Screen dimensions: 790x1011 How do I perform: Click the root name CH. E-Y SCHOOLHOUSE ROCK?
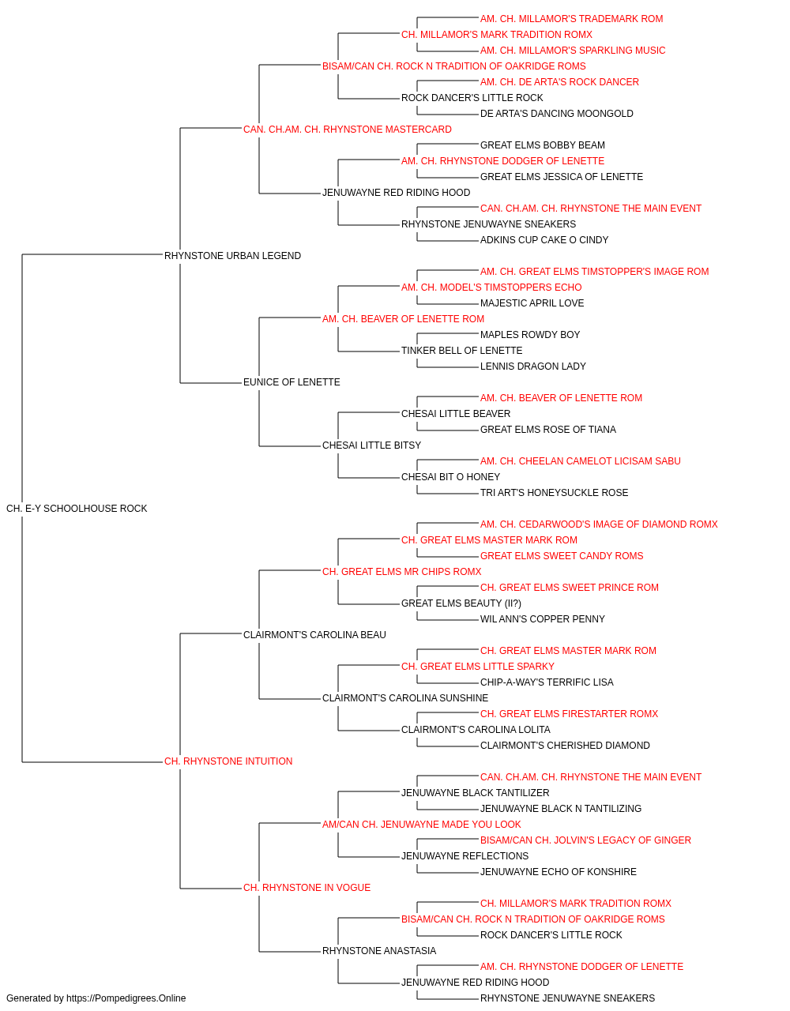point(77,509)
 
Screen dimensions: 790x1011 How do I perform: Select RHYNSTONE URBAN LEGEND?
point(232,256)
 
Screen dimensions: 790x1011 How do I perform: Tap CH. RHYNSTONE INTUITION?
point(228,761)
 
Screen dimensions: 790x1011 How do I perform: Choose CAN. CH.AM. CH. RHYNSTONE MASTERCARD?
point(348,130)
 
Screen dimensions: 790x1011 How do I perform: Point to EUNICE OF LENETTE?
point(292,382)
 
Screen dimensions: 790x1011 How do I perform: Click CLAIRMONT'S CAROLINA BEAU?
point(314,634)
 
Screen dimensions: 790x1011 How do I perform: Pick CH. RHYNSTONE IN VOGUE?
point(307,888)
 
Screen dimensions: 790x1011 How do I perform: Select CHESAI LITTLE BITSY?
point(372,445)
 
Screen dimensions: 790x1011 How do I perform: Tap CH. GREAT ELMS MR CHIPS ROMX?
point(402,572)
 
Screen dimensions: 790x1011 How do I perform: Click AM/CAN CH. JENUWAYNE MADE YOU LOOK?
point(422,825)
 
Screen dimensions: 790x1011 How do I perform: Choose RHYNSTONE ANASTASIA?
point(379,950)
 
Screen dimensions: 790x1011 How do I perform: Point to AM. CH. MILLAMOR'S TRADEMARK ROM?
point(572,19)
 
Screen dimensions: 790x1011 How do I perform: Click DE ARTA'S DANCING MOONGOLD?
point(557,114)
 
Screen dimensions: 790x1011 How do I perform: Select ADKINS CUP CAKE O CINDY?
point(544,240)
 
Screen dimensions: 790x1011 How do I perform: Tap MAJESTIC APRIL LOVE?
point(532,303)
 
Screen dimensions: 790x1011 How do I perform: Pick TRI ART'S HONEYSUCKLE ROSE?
point(554,493)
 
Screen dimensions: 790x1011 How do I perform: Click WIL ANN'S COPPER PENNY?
point(543,619)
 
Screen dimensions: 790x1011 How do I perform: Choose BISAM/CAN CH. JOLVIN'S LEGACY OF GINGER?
point(585,840)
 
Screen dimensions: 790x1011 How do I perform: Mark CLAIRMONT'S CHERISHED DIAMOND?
point(566,746)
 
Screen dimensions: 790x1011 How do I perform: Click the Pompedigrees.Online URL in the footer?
point(126,998)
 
